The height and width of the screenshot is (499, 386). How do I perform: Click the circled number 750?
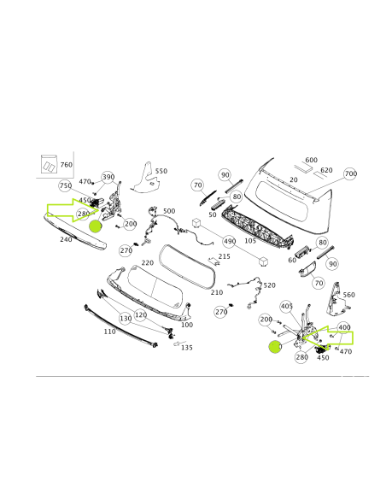tap(65, 185)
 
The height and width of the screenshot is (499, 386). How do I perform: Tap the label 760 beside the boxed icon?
tap(67, 164)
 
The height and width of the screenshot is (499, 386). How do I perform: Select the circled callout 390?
tap(108, 178)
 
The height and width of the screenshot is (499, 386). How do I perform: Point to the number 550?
tap(161, 171)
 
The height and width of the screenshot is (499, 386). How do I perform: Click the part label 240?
tap(66, 240)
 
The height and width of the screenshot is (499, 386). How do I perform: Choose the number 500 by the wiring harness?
tap(169, 211)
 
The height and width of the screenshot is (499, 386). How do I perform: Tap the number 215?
tap(225, 256)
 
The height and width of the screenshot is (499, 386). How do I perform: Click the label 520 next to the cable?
tap(269, 285)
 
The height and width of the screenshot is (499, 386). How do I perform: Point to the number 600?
tap(311, 160)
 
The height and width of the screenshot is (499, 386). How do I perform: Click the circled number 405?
tap(286, 306)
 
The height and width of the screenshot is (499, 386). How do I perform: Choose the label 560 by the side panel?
tap(348, 295)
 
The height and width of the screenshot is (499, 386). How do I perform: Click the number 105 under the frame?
tap(250, 240)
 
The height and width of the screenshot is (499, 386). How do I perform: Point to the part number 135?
tap(187, 348)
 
